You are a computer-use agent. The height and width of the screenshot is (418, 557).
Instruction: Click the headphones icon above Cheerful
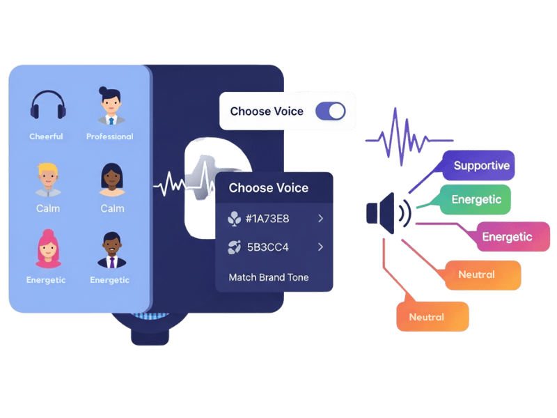point(48,105)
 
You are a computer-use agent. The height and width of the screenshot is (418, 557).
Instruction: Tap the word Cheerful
point(46,137)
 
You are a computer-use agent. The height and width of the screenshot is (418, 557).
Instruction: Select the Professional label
point(109,137)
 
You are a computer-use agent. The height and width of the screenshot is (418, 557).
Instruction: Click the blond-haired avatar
point(47,179)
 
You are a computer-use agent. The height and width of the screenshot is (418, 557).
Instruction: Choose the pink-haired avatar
point(47,249)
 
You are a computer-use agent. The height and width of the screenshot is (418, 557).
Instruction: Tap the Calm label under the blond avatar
point(47,208)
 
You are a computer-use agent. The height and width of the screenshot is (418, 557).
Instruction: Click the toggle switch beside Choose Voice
point(330,111)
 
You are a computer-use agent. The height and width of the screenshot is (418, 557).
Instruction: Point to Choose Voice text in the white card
point(267,111)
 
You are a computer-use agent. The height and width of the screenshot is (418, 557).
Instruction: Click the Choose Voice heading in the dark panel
point(268,188)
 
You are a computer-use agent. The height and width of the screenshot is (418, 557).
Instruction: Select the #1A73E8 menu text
point(267,219)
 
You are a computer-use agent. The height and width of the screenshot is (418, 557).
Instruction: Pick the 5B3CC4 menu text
point(267,247)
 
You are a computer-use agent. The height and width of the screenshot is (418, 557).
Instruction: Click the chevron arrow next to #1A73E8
point(321,219)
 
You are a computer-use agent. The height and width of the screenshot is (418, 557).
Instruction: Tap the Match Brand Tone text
point(268,277)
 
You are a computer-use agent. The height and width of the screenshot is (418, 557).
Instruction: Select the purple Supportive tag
point(480,166)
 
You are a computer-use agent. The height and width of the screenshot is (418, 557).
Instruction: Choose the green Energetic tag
point(476,199)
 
